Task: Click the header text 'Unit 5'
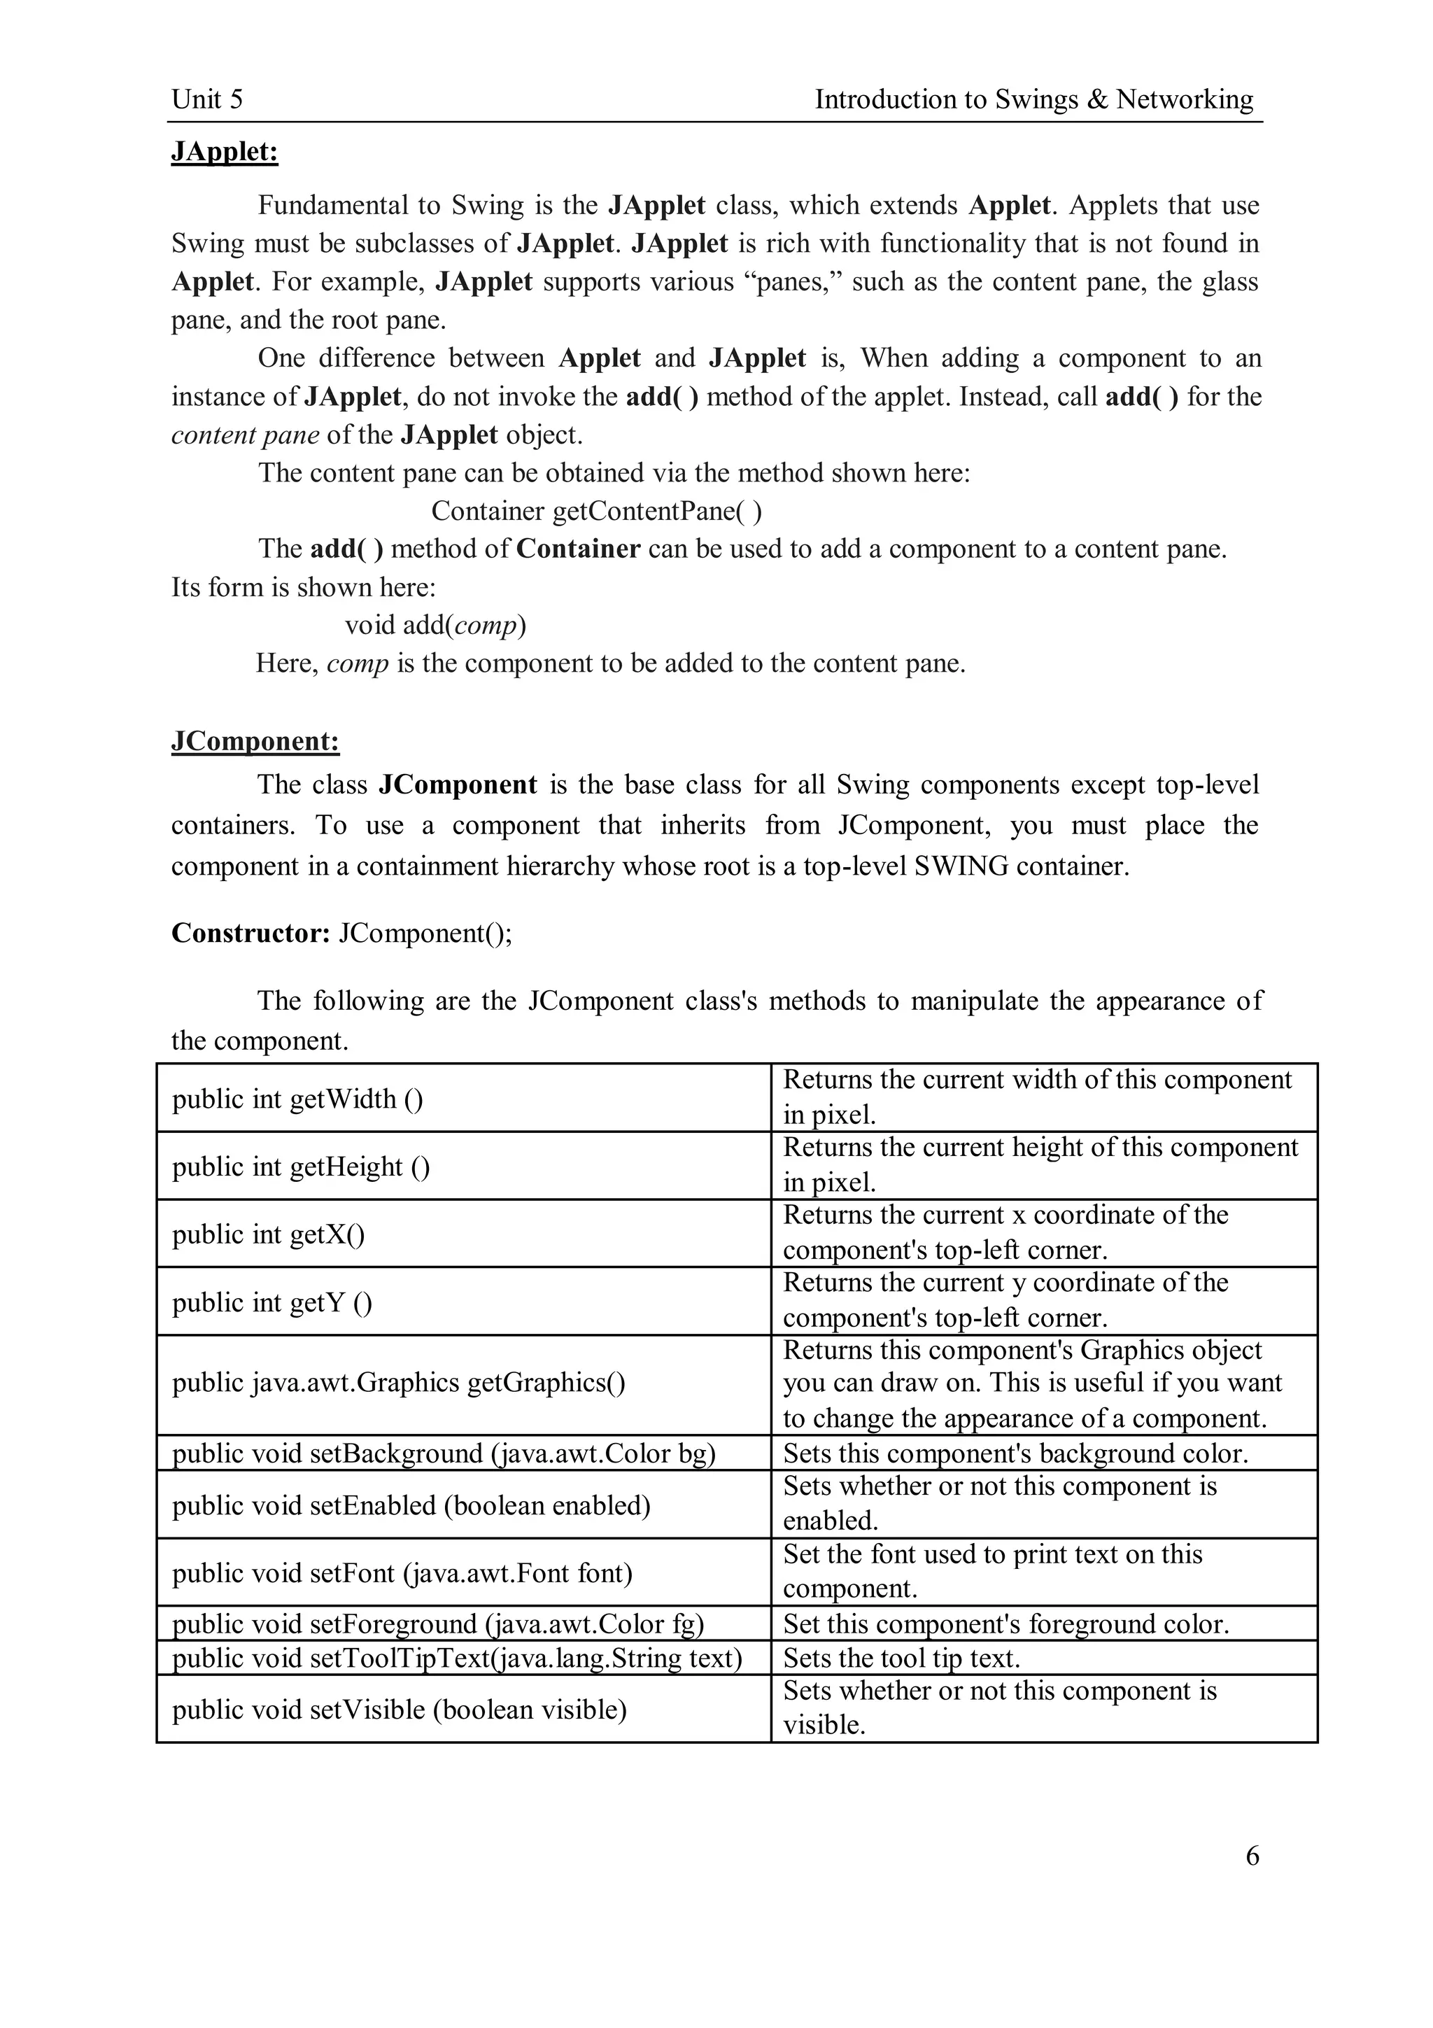tap(206, 99)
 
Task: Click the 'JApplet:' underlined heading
tap(225, 152)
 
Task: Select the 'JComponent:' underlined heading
tap(255, 741)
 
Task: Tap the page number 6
tap(1252, 1856)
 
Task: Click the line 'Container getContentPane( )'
tap(596, 511)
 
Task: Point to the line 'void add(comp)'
tap(435, 626)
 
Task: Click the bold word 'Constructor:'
tap(250, 933)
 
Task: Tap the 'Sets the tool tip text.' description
tap(901, 1658)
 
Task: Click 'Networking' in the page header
tap(1184, 99)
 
